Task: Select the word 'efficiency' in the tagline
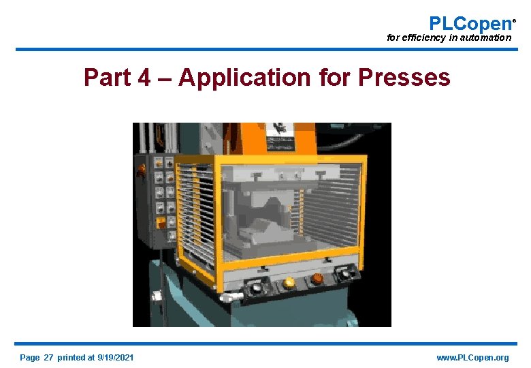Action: point(423,38)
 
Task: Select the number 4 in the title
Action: point(144,78)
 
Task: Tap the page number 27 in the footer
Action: point(48,358)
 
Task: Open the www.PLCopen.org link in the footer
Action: point(472,358)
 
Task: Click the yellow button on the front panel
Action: point(289,281)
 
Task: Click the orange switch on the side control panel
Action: point(161,223)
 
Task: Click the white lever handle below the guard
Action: point(232,298)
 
